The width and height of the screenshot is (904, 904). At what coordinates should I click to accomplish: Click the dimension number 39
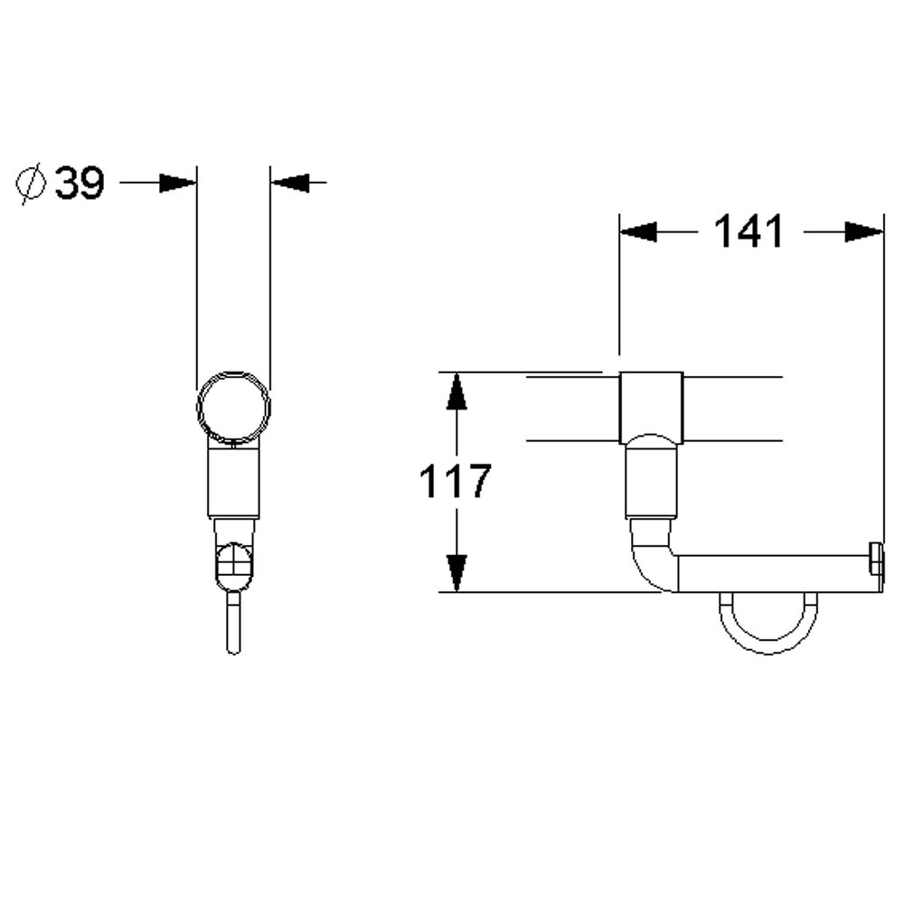[x=80, y=184]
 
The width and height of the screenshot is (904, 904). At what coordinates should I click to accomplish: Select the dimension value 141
[x=749, y=232]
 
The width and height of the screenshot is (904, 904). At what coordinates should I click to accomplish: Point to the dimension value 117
[x=454, y=481]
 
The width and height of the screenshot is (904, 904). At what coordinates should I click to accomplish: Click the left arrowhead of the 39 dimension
[x=178, y=184]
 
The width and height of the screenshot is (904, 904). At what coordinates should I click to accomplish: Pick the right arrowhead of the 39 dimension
[x=290, y=184]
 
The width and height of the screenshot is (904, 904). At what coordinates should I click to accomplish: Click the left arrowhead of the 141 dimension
[x=638, y=232]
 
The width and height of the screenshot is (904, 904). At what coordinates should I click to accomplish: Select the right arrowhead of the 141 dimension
[x=864, y=232]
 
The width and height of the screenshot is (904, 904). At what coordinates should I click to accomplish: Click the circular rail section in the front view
[x=233, y=407]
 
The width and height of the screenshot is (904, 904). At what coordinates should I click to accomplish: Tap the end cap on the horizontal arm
[x=875, y=559]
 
